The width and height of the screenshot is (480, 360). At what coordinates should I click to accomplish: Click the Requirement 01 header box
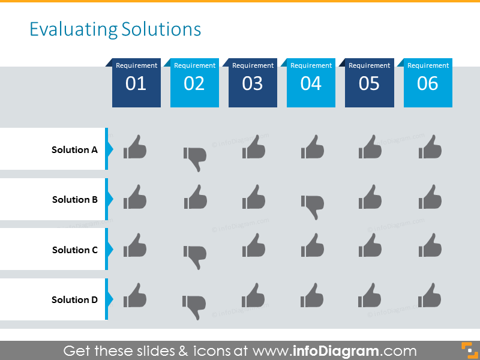point(136,83)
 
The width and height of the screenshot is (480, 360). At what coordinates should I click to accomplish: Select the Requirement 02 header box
point(194,83)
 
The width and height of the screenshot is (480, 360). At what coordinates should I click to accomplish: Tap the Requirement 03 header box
point(253,83)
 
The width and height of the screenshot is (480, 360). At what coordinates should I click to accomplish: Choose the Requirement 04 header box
point(311,83)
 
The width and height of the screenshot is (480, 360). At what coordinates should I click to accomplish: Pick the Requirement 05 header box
point(369,83)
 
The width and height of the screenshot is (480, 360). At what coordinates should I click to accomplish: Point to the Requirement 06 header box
point(428,83)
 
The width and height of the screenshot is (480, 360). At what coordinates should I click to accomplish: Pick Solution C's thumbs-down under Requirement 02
point(195,257)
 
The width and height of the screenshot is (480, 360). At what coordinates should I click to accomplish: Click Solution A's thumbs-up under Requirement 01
point(135,147)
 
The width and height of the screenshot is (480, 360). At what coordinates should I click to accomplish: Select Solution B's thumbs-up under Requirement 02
point(195,197)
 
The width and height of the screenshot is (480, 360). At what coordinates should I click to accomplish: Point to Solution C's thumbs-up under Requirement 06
point(430,246)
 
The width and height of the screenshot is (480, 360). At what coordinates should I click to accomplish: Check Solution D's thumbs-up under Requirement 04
point(312,296)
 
